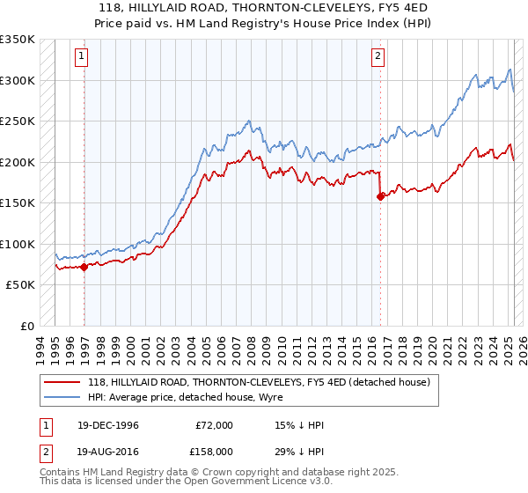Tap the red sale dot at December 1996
(x=84, y=267)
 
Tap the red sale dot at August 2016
(x=380, y=196)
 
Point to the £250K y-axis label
(x=18, y=121)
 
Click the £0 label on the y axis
(x=28, y=326)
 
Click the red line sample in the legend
(x=62, y=382)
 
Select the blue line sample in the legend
(x=62, y=397)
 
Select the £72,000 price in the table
(x=214, y=425)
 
